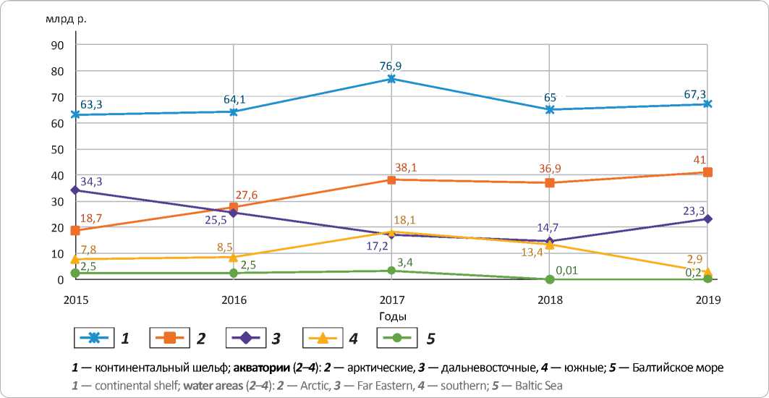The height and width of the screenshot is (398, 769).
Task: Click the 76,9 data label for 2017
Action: click(x=391, y=66)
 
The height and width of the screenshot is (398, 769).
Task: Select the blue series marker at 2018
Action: click(x=550, y=109)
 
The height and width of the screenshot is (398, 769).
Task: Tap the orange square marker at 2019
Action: click(x=708, y=172)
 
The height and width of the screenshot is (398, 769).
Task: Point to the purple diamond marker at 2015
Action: click(x=75, y=190)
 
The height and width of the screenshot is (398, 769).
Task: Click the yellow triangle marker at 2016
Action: click(x=234, y=257)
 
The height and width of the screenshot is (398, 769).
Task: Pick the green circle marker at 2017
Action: click(x=391, y=271)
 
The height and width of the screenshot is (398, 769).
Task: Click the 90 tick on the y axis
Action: click(x=57, y=45)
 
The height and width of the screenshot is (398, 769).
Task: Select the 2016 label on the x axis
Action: click(x=234, y=300)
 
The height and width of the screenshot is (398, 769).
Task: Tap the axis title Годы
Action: click(x=391, y=317)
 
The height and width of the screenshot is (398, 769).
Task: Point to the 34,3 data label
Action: click(x=91, y=181)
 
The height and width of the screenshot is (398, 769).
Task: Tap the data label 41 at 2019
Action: click(x=700, y=160)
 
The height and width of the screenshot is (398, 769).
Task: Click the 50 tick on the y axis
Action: click(x=57, y=149)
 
